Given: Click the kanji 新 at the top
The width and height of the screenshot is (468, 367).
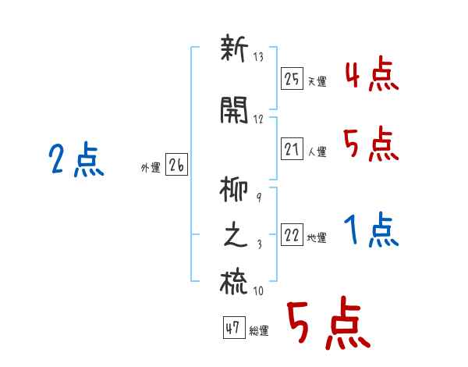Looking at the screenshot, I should [233, 51].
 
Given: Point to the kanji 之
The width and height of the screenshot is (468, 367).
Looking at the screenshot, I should [235, 237].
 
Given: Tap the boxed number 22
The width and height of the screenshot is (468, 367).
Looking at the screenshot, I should [292, 235].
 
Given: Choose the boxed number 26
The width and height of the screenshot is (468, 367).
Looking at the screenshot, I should [176, 165].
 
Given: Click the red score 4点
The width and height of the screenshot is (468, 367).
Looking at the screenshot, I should [370, 77].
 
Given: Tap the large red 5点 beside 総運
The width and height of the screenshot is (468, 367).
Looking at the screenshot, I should [328, 326].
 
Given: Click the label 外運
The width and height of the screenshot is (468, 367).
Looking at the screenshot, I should [151, 168].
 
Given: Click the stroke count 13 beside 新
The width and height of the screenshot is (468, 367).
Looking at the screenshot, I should [259, 58].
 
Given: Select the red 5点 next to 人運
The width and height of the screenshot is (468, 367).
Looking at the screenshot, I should [370, 144].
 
